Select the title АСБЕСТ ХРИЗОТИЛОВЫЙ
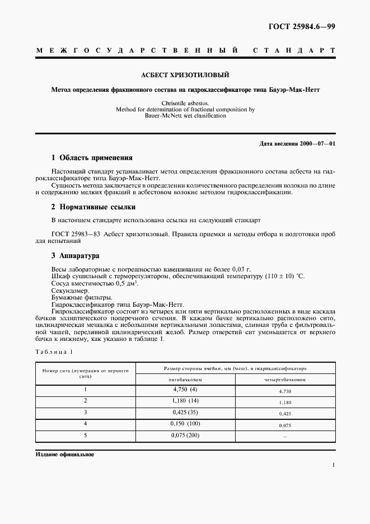tap(185, 74)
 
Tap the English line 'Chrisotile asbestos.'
tap(185, 104)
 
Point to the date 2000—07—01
tap(316, 144)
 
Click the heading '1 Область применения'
tap(92, 158)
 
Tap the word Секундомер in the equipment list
tap(69, 291)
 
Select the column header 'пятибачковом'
tap(185, 380)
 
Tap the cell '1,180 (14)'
tap(185, 401)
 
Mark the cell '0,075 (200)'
tap(185, 436)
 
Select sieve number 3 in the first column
tap(86, 413)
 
